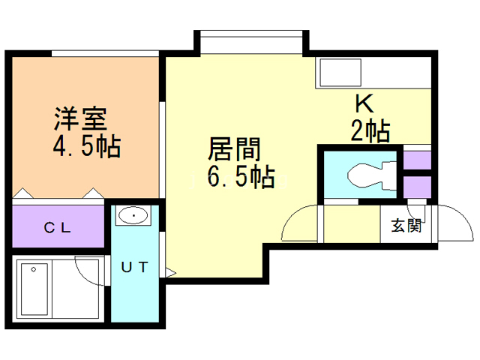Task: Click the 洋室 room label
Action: (x=80, y=118)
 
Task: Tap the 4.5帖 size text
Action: (x=87, y=146)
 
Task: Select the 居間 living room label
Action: (x=234, y=149)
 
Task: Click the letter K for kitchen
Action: (x=364, y=103)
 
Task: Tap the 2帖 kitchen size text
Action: (x=370, y=130)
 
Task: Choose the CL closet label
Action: (x=58, y=227)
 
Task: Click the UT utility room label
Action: (x=135, y=267)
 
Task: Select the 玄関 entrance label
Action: (x=406, y=226)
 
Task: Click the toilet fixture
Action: (x=372, y=175)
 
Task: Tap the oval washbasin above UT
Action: (x=133, y=216)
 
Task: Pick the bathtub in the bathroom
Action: (x=34, y=289)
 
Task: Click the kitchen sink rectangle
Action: (x=340, y=73)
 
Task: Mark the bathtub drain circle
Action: (x=33, y=270)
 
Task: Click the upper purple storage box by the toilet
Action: (x=417, y=160)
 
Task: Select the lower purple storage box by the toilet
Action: (x=417, y=187)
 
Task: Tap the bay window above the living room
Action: (x=251, y=34)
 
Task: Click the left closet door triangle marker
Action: (x=23, y=193)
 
